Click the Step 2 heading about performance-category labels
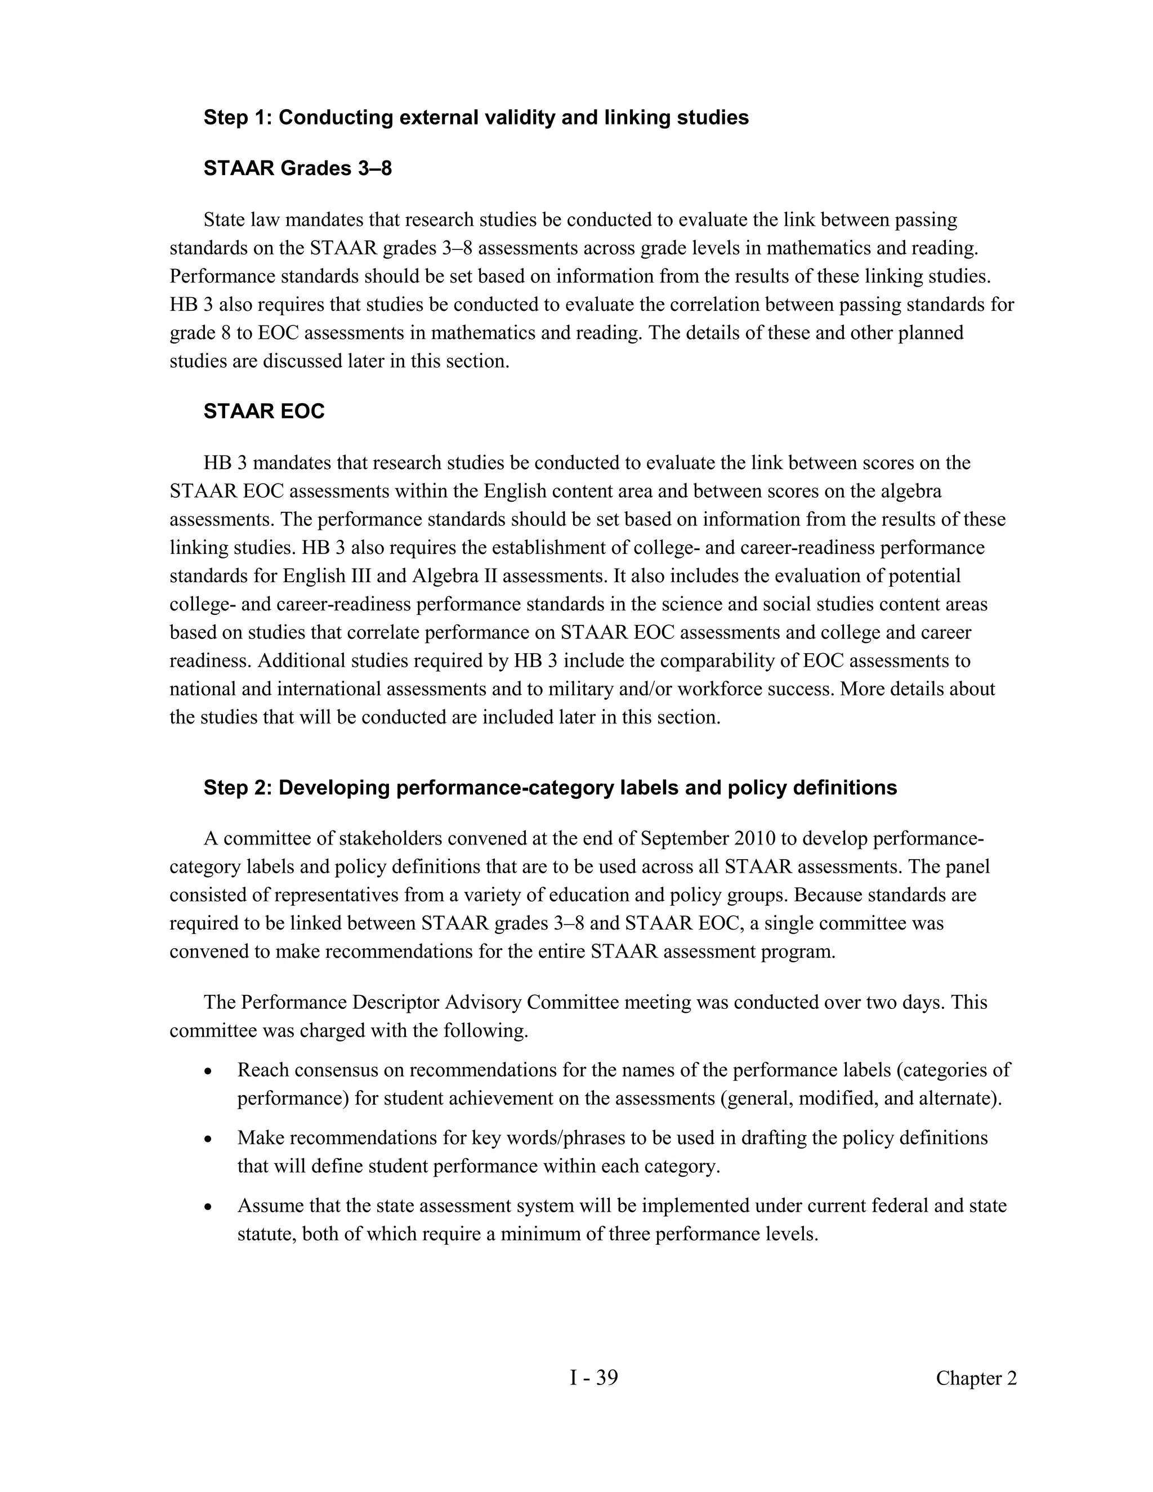pyautogui.click(x=550, y=788)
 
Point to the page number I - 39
pyautogui.click(x=593, y=1378)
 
